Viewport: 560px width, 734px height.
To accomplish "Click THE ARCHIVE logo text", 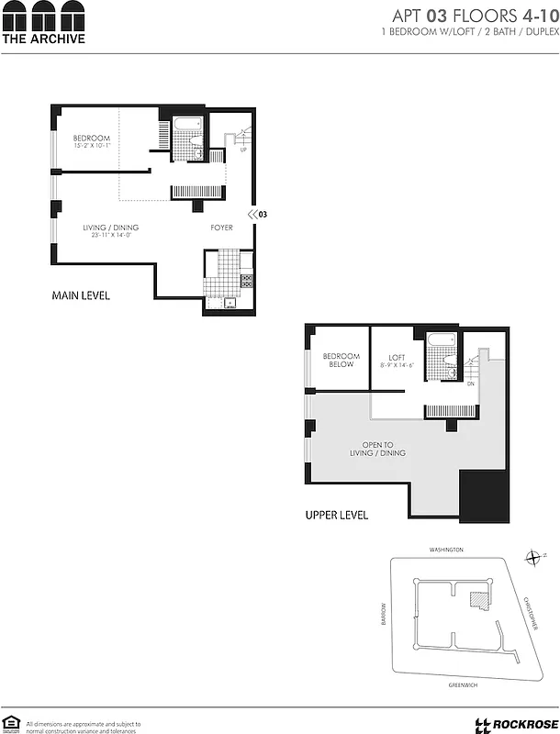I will tap(43, 39).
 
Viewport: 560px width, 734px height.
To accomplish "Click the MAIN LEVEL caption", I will tap(81, 295).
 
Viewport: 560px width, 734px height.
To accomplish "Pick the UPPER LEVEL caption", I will tap(336, 516).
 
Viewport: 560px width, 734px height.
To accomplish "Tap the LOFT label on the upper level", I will tap(397, 359).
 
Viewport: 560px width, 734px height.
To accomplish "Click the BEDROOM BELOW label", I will tap(342, 361).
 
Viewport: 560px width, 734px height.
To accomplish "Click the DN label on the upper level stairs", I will tap(470, 385).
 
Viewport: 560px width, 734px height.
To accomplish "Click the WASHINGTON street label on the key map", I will tap(446, 550).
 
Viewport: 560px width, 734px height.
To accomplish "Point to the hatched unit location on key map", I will tap(477, 600).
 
